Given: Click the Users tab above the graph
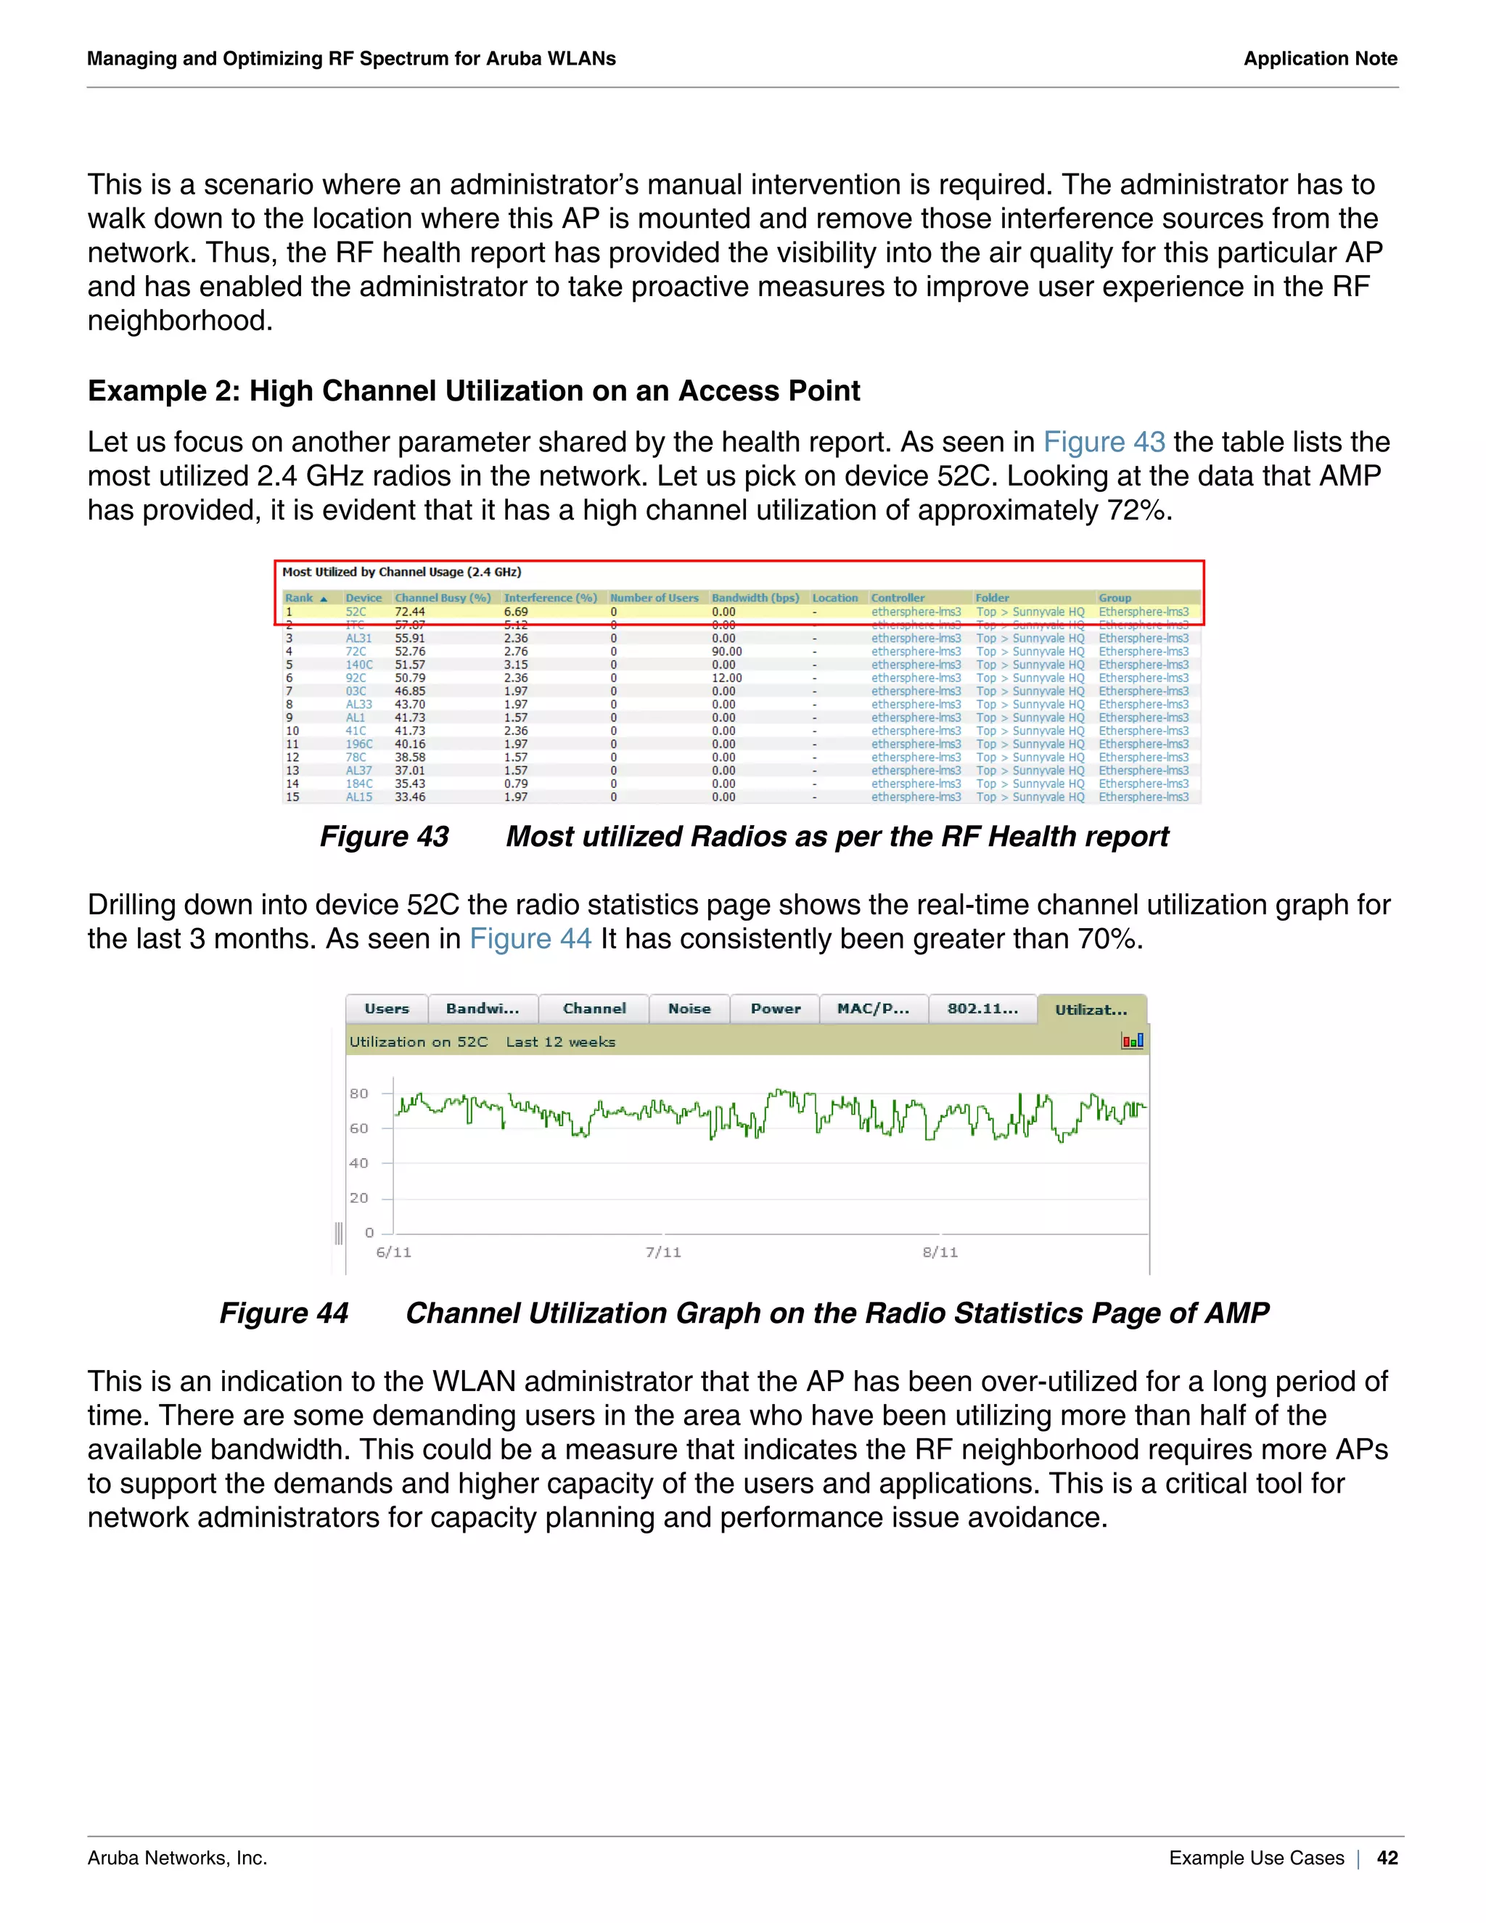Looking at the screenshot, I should click(x=387, y=1009).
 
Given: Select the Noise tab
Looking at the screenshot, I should click(x=689, y=1009).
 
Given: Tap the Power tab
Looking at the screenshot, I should click(x=776, y=1009).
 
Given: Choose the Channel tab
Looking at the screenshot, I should click(x=594, y=1009).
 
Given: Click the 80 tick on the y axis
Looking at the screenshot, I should click(x=359, y=1094).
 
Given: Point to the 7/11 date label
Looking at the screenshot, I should click(x=663, y=1252).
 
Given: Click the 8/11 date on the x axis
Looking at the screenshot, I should click(x=940, y=1252).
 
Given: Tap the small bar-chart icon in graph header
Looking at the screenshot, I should click(x=1132, y=1041).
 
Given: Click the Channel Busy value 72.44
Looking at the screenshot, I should click(x=409, y=612).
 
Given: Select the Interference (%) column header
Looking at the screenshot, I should click(x=550, y=598).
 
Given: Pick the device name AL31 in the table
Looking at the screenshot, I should click(x=358, y=639).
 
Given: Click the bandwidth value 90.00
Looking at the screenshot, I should click(x=726, y=652).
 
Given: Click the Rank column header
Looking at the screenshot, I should click(x=300, y=598).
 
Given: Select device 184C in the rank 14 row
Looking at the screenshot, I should click(x=358, y=784).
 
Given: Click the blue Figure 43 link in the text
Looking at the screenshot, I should click(x=1104, y=442).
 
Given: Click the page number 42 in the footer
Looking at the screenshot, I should click(x=1387, y=1858).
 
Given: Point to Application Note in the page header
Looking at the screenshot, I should click(x=1320, y=59).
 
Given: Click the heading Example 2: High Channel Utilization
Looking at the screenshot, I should click(x=474, y=391).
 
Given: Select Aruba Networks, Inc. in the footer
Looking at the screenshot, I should click(x=177, y=1858).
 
